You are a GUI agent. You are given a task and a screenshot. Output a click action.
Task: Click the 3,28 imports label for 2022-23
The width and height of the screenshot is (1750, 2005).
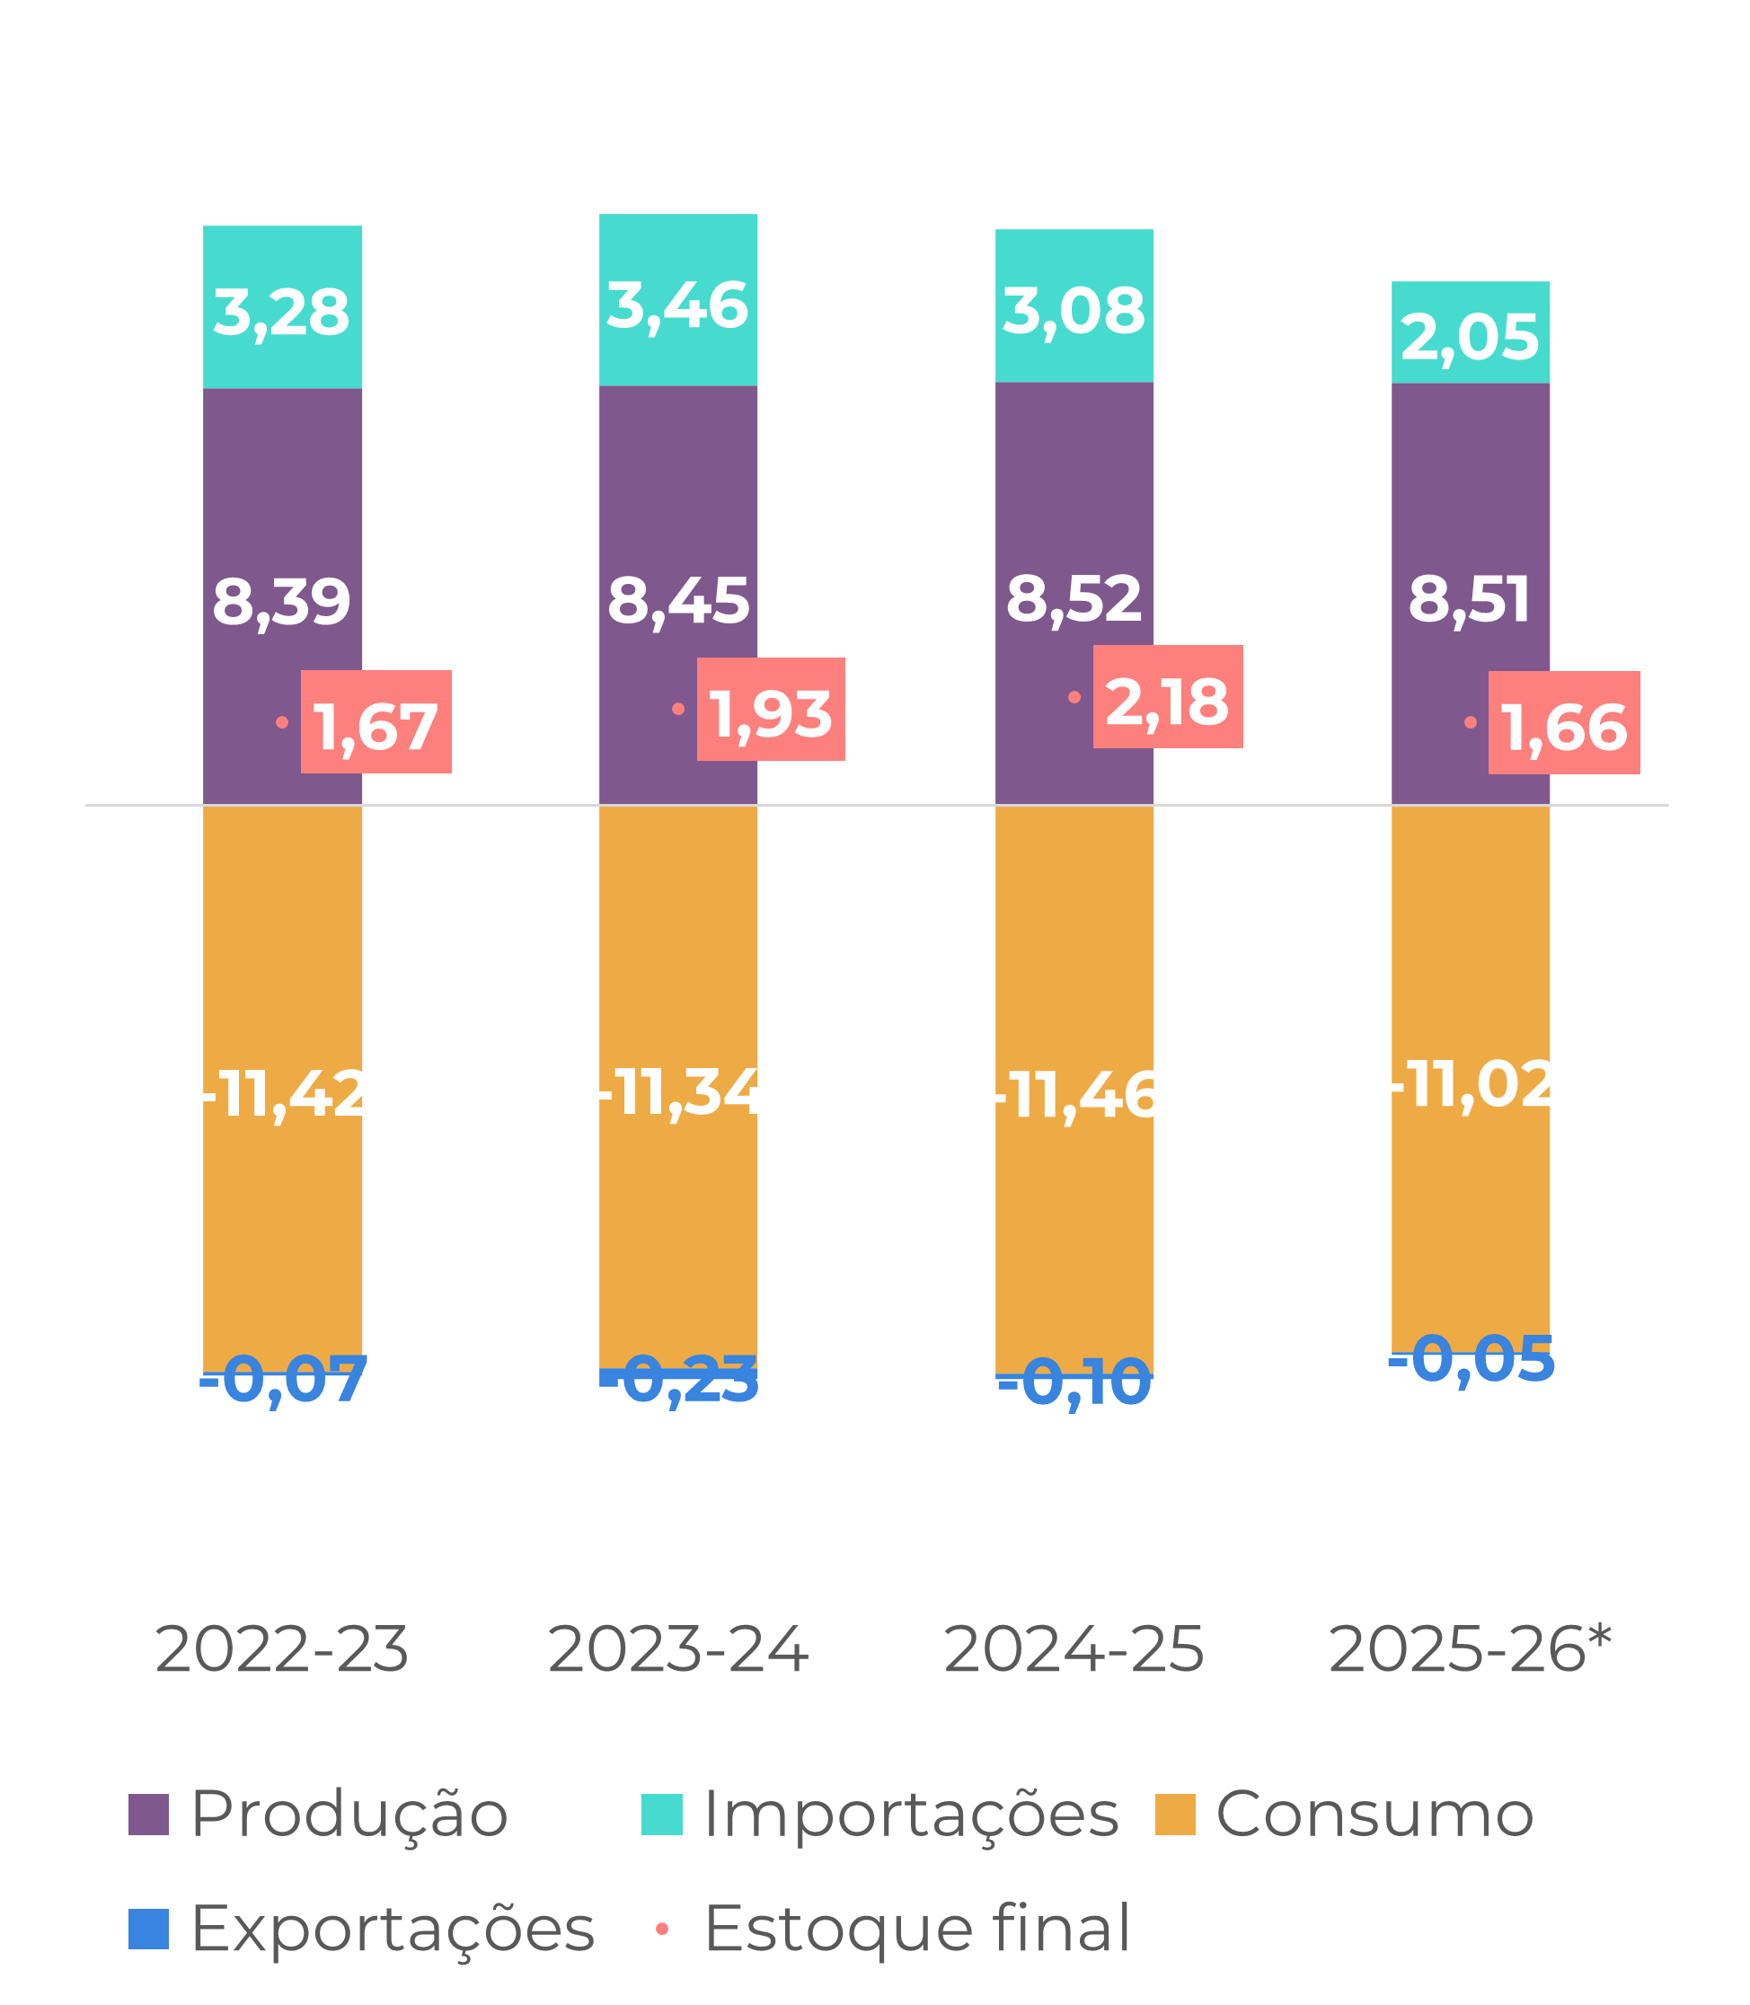[281, 313]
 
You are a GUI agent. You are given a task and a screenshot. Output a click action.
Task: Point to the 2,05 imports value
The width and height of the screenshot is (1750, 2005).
[1470, 337]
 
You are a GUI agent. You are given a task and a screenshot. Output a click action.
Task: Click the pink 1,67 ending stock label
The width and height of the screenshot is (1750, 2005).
[376, 724]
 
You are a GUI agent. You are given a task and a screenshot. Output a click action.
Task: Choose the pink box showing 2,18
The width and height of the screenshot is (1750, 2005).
[1168, 698]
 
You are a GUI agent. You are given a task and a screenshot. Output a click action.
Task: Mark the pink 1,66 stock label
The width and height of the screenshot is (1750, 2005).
[1563, 725]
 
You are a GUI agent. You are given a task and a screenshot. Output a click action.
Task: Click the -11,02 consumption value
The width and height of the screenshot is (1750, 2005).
[1471, 1084]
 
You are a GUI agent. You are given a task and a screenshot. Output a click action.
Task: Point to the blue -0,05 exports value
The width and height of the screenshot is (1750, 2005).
[1472, 1358]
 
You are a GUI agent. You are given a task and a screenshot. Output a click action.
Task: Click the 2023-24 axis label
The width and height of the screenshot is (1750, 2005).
[677, 1649]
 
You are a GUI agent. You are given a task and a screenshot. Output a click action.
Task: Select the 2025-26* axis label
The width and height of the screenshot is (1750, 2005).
[1470, 1649]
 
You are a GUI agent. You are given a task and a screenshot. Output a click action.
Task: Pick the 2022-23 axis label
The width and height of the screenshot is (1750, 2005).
[281, 1649]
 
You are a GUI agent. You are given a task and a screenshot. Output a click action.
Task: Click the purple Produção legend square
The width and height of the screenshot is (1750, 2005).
[148, 1815]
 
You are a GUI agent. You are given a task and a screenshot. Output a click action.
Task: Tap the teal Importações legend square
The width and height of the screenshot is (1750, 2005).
[661, 1815]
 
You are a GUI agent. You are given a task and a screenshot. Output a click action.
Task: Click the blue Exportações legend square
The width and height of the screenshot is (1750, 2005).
[148, 1929]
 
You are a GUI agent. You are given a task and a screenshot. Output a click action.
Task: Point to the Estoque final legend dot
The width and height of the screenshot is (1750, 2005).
[662, 1929]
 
